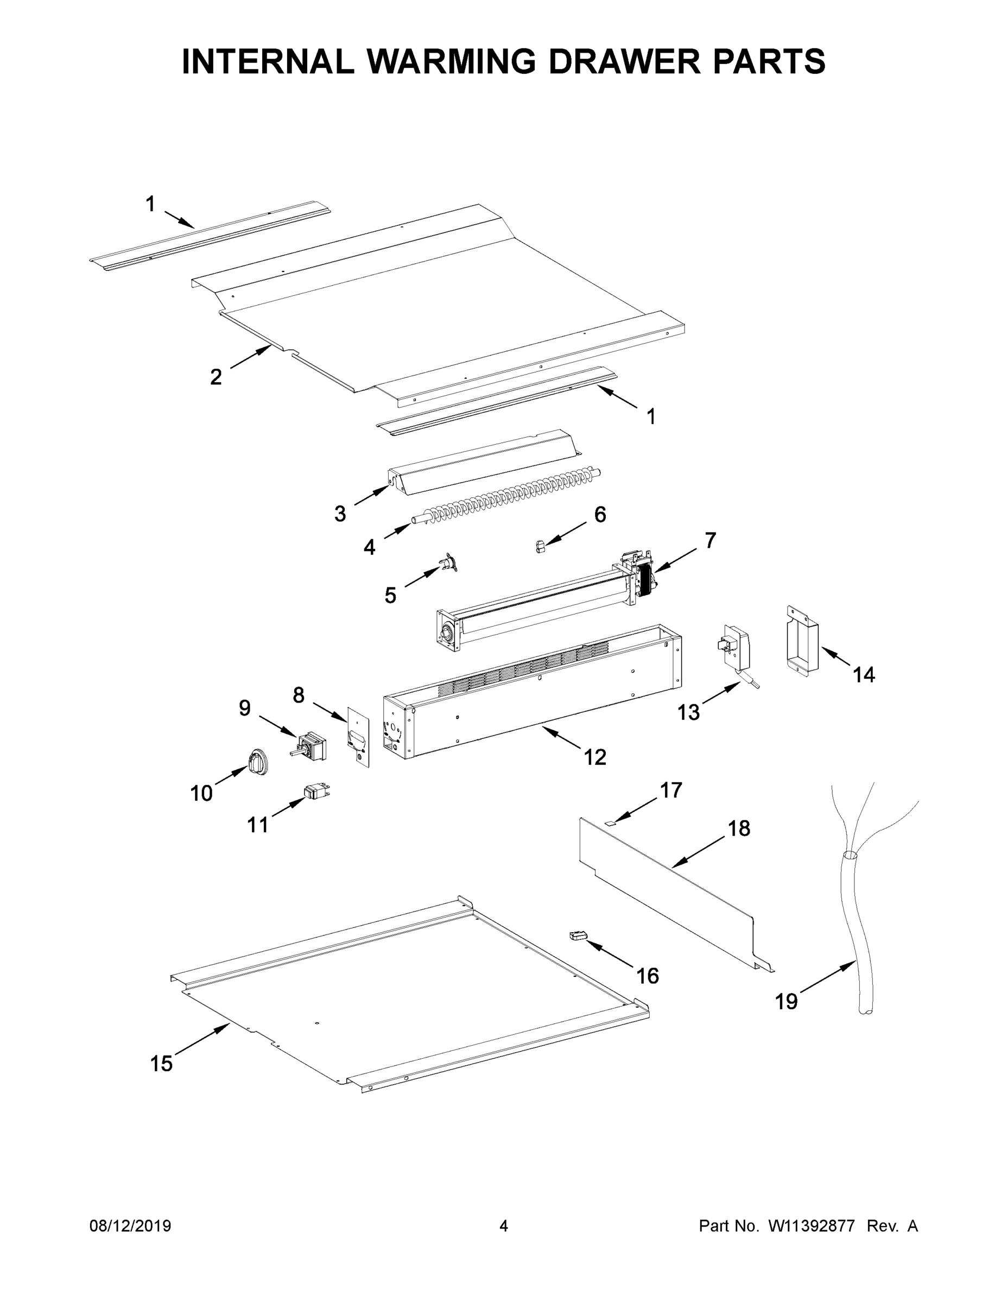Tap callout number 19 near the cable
(x=786, y=1002)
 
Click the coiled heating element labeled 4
(x=513, y=495)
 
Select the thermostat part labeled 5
(x=448, y=562)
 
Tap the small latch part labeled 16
(x=577, y=936)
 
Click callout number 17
(x=670, y=790)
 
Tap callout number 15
(x=161, y=1063)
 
